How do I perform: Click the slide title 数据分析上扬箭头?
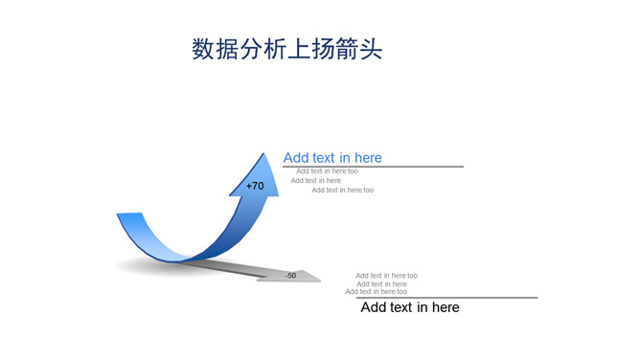(x=287, y=50)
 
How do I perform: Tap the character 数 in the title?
(x=203, y=50)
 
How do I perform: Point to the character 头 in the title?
(x=372, y=50)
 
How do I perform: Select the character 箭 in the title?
(x=348, y=50)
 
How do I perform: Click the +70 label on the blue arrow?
(x=255, y=186)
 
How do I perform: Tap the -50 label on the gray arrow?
(x=290, y=276)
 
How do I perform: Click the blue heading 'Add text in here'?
(x=332, y=158)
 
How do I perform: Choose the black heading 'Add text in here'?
(x=410, y=307)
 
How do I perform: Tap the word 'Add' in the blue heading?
(x=296, y=158)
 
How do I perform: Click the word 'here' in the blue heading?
(x=368, y=158)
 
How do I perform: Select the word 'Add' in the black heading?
(x=374, y=307)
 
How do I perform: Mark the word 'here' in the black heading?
(x=446, y=307)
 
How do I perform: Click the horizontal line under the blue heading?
(x=374, y=167)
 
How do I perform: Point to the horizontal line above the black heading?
(x=447, y=298)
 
